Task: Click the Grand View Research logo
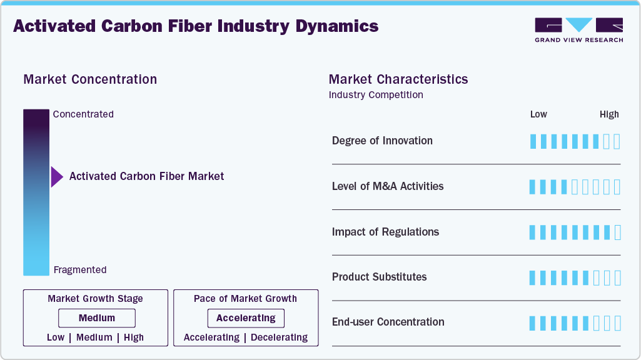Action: (x=578, y=30)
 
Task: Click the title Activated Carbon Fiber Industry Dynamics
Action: (x=196, y=26)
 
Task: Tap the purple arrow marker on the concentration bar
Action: (x=57, y=177)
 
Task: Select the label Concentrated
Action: (x=83, y=114)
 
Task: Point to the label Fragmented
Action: (x=80, y=270)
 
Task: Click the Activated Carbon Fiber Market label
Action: (x=146, y=176)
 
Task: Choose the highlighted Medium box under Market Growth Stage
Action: (x=96, y=318)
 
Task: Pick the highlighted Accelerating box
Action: (x=246, y=318)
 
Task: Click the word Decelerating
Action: (x=279, y=337)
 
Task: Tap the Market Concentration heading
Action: (x=90, y=79)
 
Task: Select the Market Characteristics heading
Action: (x=398, y=79)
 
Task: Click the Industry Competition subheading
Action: (x=376, y=95)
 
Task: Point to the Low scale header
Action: (x=538, y=114)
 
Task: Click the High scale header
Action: (x=609, y=114)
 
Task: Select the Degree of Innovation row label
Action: (x=382, y=141)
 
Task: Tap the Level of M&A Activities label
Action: (x=388, y=186)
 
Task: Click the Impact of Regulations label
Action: (x=385, y=232)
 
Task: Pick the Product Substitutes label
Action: (x=379, y=277)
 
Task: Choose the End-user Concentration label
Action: (x=388, y=322)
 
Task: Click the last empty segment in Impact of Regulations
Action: (x=618, y=232)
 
